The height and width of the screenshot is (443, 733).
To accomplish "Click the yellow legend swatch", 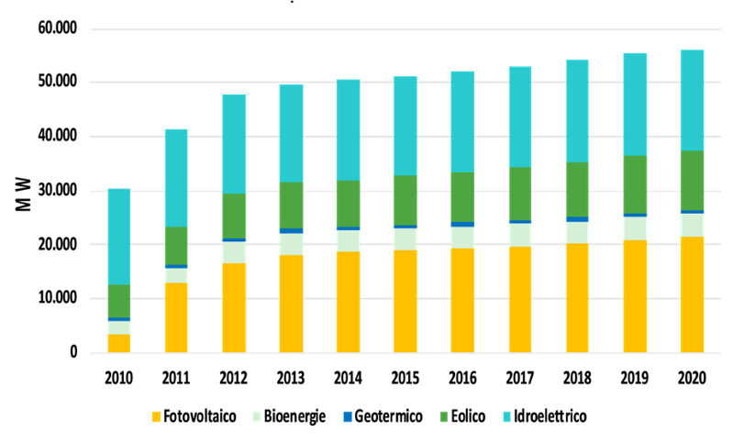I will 157,416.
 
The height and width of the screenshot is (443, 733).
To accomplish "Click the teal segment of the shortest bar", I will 118,237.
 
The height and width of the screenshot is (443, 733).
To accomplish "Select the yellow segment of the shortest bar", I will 118,343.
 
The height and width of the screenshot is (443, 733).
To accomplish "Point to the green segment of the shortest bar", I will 118,301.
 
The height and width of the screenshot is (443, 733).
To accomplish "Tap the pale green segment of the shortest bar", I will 118,327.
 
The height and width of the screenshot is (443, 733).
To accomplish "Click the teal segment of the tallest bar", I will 692,99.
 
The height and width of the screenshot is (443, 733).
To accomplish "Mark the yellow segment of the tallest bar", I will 692,294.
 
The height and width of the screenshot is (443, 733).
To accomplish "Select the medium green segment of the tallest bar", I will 692,180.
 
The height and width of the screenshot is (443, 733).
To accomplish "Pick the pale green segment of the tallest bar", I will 692,225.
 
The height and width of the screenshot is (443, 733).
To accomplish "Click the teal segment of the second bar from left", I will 176,177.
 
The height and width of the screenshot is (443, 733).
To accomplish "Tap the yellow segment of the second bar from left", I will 176,317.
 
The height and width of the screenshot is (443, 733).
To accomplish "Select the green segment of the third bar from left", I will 233,216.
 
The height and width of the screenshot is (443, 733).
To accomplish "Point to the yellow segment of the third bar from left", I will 233,307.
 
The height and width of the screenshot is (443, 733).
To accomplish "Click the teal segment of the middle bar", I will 405,125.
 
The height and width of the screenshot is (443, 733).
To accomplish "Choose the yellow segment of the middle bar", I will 405,301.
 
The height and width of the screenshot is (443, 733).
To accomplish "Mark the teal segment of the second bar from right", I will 634,104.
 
